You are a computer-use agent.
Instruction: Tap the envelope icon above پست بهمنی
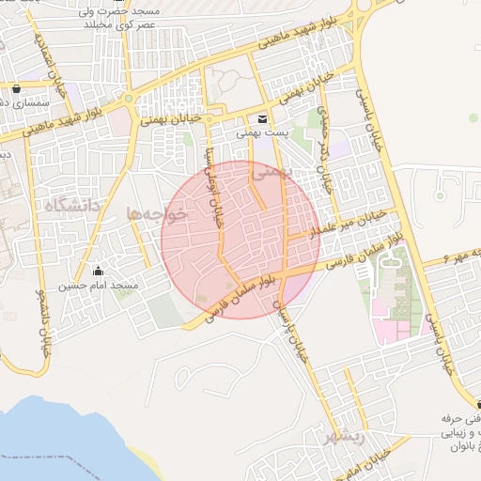pyautogui.click(x=261, y=119)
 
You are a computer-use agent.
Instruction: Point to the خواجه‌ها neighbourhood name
pyautogui.click(x=158, y=215)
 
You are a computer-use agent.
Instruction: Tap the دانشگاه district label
pyautogui.click(x=71, y=204)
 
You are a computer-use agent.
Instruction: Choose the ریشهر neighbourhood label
pyautogui.click(x=342, y=438)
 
